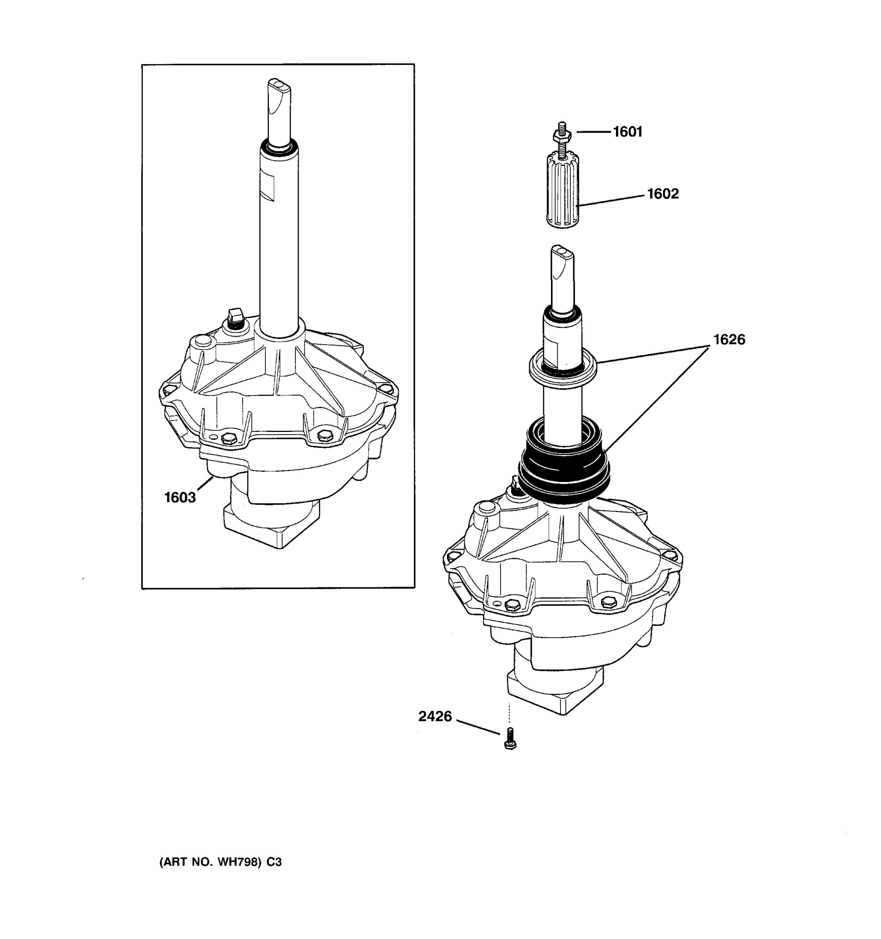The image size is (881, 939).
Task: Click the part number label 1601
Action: click(x=628, y=132)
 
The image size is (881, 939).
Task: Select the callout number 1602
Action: click(x=663, y=194)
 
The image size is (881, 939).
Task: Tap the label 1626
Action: click(x=729, y=340)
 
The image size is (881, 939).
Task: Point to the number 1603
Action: click(x=180, y=497)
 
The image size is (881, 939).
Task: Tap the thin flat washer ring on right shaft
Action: click(x=563, y=369)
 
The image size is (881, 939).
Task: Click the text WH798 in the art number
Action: click(x=239, y=862)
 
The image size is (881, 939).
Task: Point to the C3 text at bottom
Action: click(x=274, y=862)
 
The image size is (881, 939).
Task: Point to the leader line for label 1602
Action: click(x=612, y=200)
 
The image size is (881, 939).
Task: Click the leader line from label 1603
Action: click(x=205, y=484)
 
